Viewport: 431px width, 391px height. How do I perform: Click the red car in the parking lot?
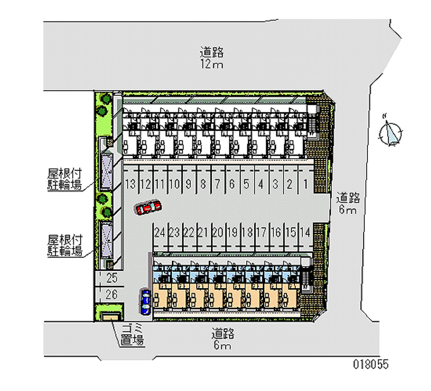[x=148, y=207]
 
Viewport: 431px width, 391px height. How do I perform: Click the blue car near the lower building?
[x=145, y=301]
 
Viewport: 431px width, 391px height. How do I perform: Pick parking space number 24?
[x=159, y=232]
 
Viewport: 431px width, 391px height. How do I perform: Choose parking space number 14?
[x=304, y=232]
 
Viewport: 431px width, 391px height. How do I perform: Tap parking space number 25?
[x=112, y=278]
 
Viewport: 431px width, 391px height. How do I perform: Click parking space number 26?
[x=112, y=294]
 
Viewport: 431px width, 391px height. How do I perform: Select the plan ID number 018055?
[x=371, y=364]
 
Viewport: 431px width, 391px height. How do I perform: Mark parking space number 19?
[x=232, y=232]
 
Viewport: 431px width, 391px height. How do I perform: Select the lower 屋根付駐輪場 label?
[x=64, y=245]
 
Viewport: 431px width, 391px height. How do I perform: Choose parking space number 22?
[x=189, y=232]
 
